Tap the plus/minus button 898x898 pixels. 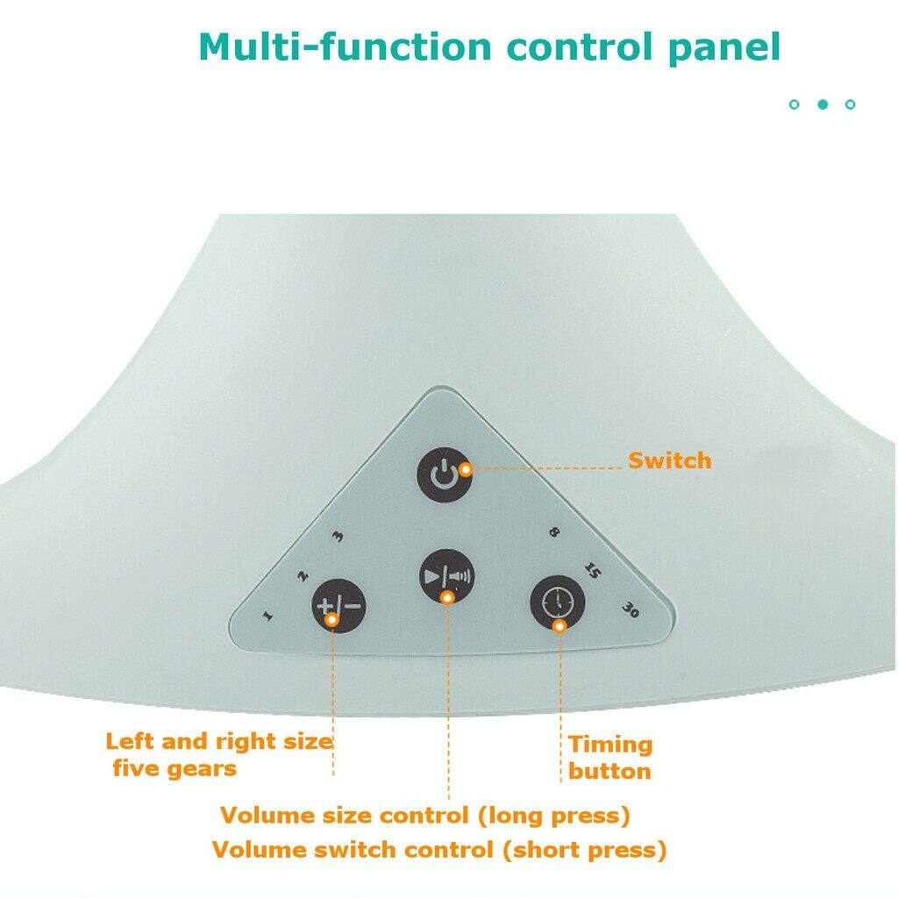coord(339,606)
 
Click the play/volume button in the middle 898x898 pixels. coord(447,576)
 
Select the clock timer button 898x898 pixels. coord(557,602)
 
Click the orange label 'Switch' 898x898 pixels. coord(669,460)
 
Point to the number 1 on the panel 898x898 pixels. coord(267,616)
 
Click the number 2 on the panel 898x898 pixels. coord(303,575)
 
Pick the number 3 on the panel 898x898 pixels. coord(339,536)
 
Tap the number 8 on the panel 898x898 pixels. coord(554,532)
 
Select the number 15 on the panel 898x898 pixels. coord(592,570)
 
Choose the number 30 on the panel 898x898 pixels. coord(630,610)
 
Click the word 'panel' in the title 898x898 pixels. coord(723,47)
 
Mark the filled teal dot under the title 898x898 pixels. coord(823,104)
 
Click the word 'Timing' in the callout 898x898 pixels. coord(610,745)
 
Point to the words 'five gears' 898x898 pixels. coord(175,768)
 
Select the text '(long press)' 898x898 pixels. coord(554,815)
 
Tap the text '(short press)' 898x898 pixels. coord(585,850)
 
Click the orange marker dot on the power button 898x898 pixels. coord(466,470)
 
